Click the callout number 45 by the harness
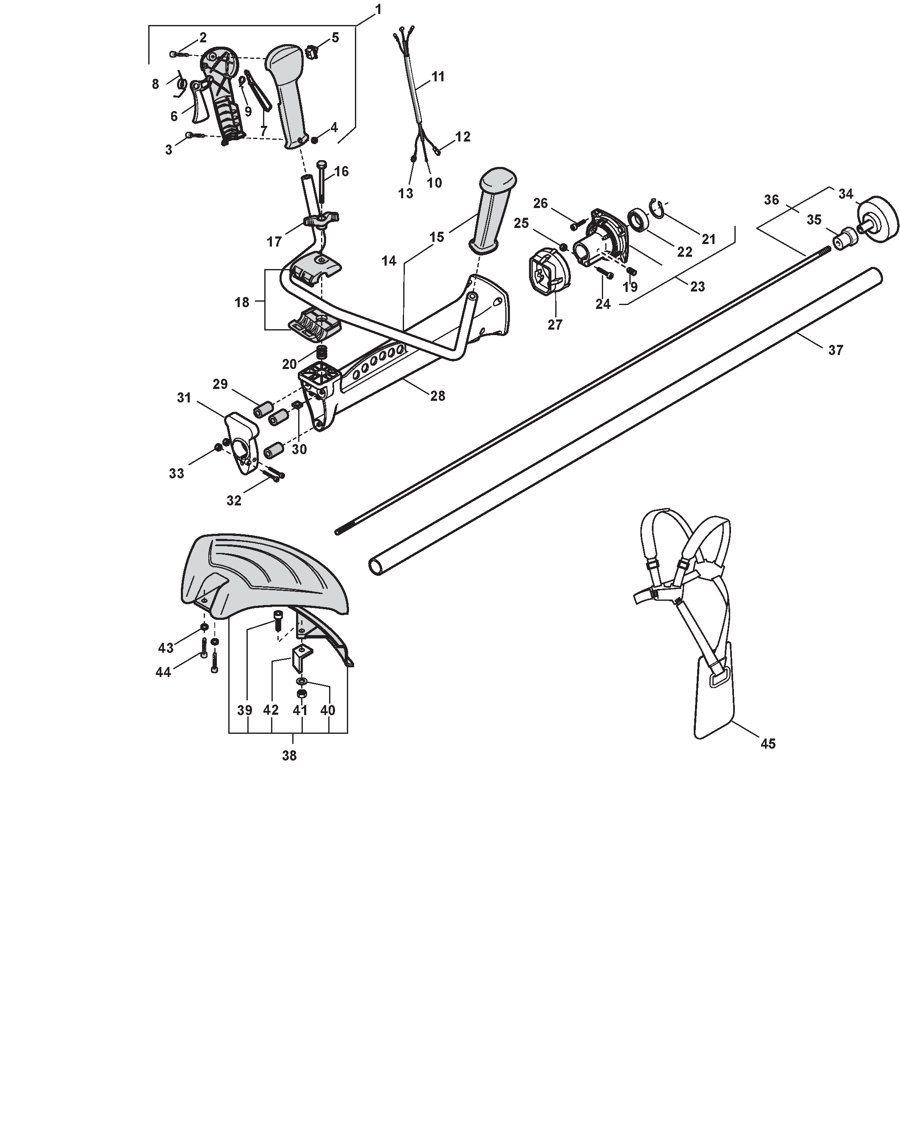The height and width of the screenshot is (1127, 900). [x=768, y=743]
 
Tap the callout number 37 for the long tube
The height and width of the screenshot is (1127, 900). [x=836, y=350]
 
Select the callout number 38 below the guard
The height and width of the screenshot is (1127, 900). [x=289, y=755]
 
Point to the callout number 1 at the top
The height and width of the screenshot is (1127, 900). [x=378, y=9]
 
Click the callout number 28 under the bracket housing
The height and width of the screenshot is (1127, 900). [x=438, y=396]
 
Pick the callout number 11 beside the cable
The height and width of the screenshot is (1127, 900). [x=438, y=77]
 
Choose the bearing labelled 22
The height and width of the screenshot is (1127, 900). [x=638, y=219]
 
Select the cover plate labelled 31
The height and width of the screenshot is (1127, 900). [x=242, y=443]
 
